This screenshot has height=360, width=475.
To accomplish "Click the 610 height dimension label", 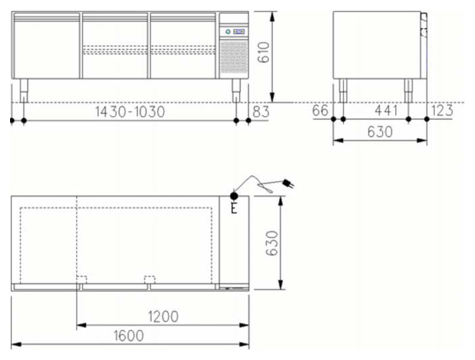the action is (263, 52).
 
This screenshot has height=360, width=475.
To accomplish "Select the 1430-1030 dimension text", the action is (130, 112).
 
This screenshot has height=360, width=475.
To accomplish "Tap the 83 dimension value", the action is (260, 112).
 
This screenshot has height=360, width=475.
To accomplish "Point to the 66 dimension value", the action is (320, 110).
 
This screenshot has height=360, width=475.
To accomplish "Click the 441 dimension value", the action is (386, 110).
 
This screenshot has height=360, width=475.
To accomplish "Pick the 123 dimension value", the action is (442, 110).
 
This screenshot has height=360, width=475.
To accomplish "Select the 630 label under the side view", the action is (380, 131).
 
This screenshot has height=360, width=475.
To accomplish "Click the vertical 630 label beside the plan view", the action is (272, 243).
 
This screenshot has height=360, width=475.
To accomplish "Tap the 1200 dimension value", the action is (163, 316).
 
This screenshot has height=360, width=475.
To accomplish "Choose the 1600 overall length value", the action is (128, 336).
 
